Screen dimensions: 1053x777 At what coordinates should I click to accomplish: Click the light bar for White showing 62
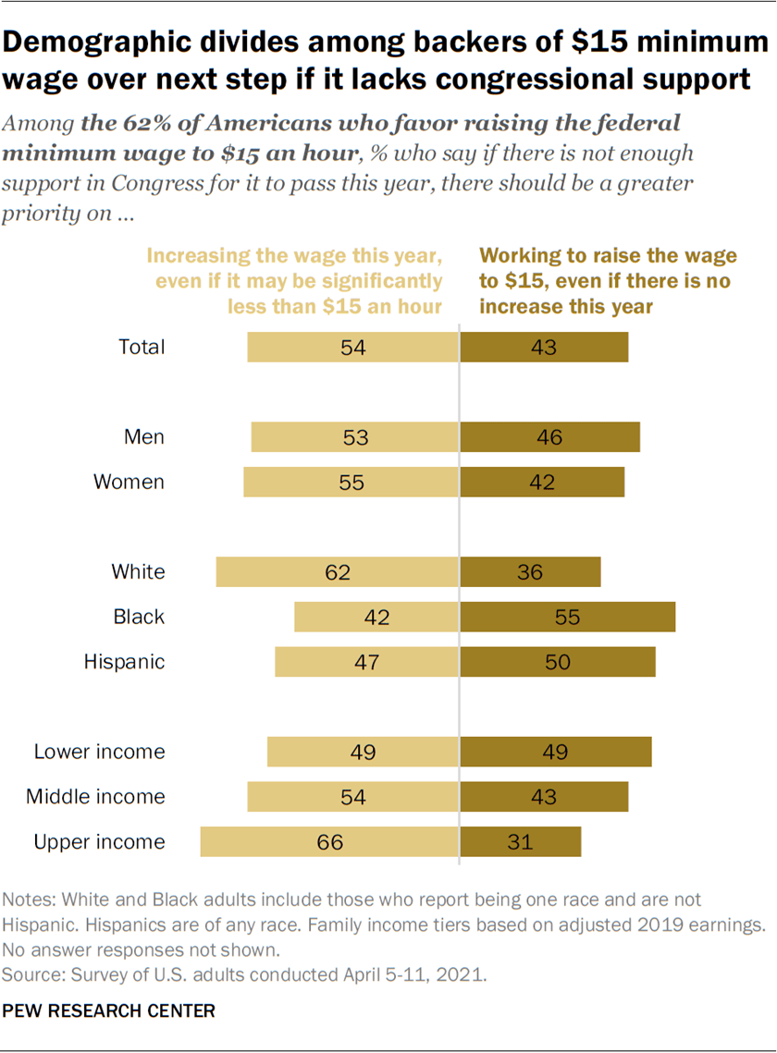[x=338, y=572]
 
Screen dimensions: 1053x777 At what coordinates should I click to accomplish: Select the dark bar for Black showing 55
[x=568, y=617]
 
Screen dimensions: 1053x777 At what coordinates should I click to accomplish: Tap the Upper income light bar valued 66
[x=330, y=842]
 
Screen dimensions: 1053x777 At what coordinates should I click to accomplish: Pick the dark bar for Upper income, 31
[x=521, y=842]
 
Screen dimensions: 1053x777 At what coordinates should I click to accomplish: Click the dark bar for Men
[x=550, y=437]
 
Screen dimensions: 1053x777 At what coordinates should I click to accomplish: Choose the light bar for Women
[x=351, y=483]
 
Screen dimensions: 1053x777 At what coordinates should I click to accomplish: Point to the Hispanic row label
[x=124, y=662]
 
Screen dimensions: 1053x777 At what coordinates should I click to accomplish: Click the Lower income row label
[x=99, y=752]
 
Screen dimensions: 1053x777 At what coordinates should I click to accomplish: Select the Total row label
[x=142, y=348]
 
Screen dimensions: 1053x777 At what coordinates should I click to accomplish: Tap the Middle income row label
[x=95, y=797]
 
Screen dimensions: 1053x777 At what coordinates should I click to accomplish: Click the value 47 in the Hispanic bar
[x=368, y=662]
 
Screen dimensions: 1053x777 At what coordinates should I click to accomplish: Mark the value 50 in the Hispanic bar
[x=558, y=662]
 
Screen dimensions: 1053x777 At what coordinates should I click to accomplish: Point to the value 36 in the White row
[x=531, y=572]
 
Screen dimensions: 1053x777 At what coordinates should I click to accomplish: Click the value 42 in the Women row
[x=543, y=483]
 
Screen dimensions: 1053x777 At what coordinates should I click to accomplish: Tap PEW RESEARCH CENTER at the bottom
[x=109, y=1011]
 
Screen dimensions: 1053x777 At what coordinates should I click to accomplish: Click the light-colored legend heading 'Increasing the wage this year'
[x=295, y=255]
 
